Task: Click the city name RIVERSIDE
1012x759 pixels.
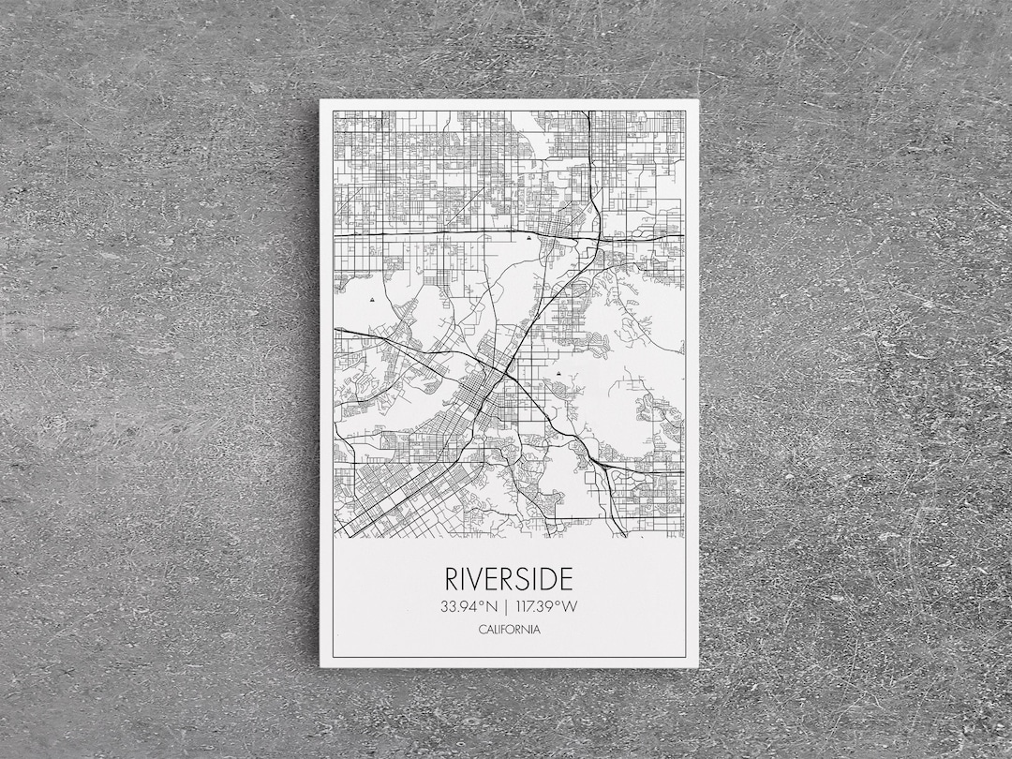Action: pyautogui.click(x=509, y=578)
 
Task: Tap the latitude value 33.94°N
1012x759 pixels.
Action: pyautogui.click(x=468, y=606)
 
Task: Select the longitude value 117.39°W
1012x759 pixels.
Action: pyautogui.click(x=546, y=606)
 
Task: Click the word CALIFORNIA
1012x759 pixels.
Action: pyautogui.click(x=509, y=630)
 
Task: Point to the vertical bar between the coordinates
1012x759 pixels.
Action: pyautogui.click(x=506, y=606)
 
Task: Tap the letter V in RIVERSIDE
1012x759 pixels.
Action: pyautogui.click(x=479, y=578)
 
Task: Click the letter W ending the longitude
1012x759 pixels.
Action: pyautogui.click(x=571, y=606)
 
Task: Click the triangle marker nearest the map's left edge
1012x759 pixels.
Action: pyautogui.click(x=372, y=300)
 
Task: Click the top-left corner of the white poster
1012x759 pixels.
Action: pyautogui.click(x=320, y=100)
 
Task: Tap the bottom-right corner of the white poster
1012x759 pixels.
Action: pyautogui.click(x=697, y=666)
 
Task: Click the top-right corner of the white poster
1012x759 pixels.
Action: pyautogui.click(x=697, y=100)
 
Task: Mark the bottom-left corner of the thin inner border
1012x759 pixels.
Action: pyautogui.click(x=334, y=656)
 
